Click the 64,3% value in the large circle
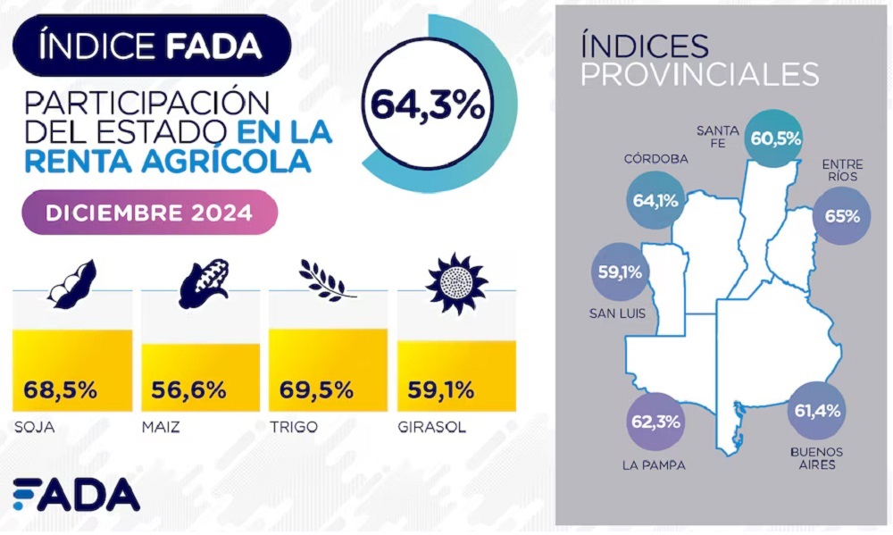[428, 105]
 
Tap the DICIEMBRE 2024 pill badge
[149, 213]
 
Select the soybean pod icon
[71, 284]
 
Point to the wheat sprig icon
[326, 280]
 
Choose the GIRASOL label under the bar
[432, 427]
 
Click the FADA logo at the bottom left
[76, 495]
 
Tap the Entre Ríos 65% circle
[842, 214]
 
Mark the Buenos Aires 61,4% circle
[817, 411]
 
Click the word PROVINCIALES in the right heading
[699, 74]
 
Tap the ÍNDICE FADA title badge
[151, 46]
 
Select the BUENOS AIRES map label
[816, 458]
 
